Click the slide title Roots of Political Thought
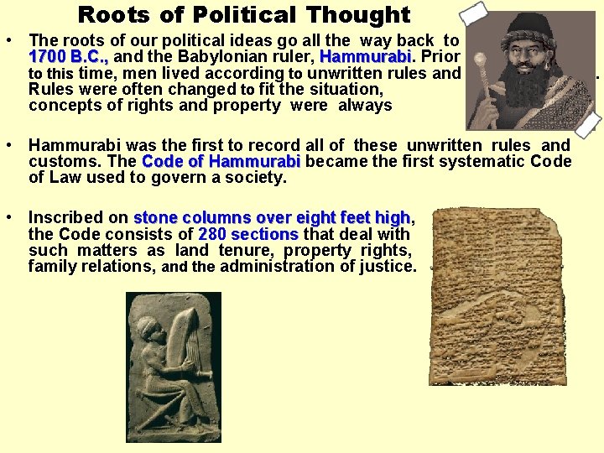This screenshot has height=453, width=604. (243, 14)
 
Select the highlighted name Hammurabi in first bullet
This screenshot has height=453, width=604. (364, 57)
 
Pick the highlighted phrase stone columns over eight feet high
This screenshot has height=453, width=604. (272, 218)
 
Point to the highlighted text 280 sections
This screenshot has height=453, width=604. (248, 234)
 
